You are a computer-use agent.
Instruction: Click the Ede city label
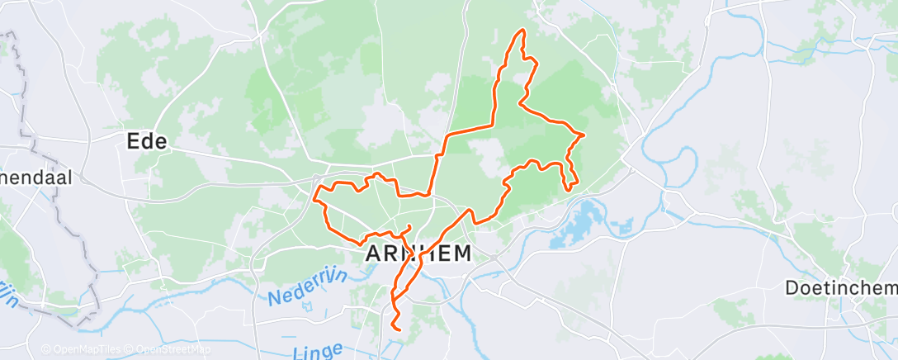[147, 141]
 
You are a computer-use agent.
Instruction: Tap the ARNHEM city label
[418, 253]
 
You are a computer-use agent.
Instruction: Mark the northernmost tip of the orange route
[521, 31]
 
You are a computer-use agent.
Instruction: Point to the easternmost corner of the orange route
[584, 134]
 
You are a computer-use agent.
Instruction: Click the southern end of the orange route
[399, 329]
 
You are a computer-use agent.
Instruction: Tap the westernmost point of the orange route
[317, 195]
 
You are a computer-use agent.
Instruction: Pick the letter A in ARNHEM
[372, 253]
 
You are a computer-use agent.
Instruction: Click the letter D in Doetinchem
[790, 288]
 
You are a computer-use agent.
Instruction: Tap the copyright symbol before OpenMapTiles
[46, 349]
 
